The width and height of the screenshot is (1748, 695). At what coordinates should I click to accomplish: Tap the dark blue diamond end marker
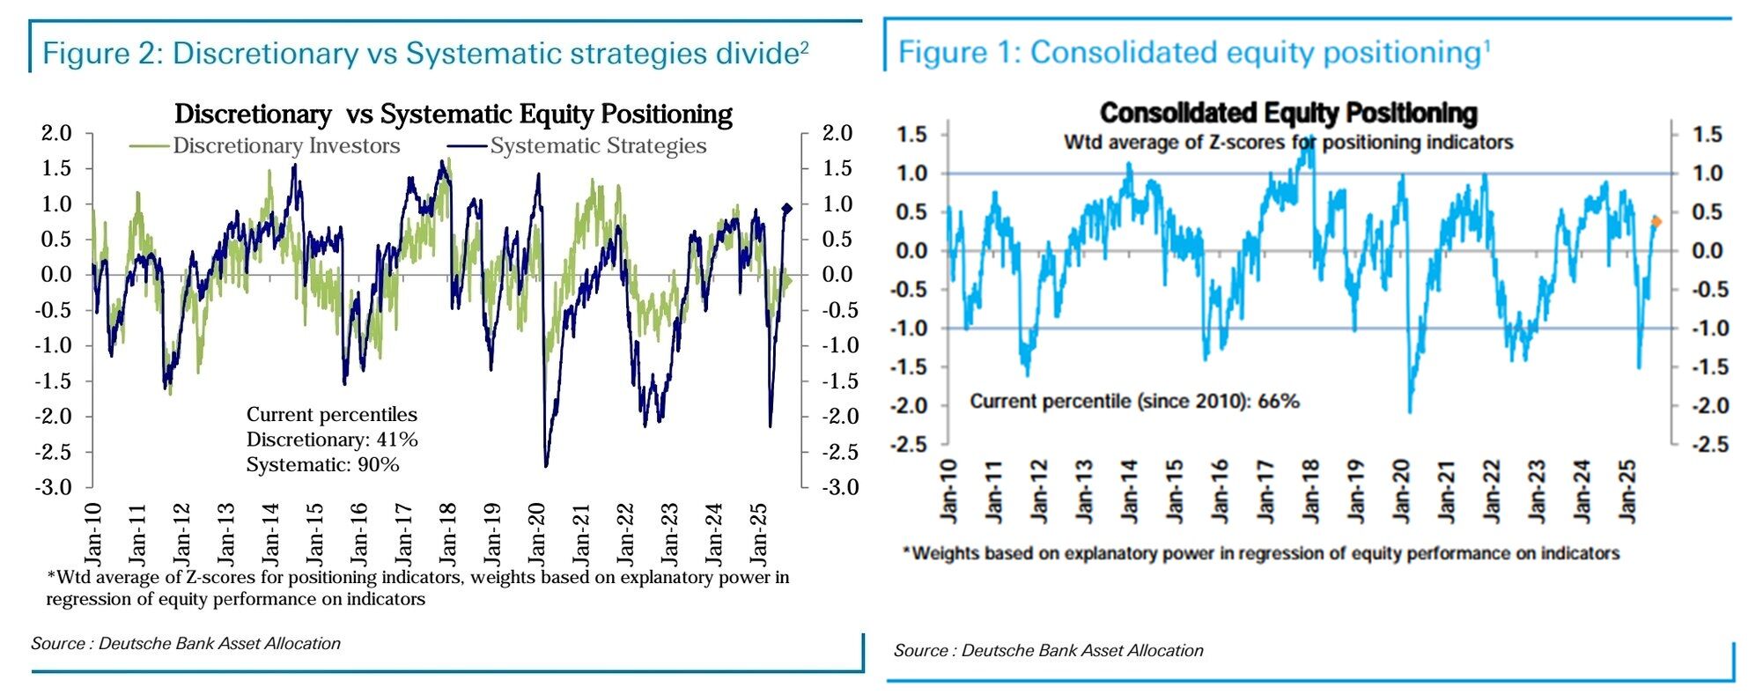(x=786, y=209)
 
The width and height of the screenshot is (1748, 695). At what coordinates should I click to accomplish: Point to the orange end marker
(x=1656, y=222)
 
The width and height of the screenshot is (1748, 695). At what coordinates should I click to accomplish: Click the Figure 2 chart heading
(x=425, y=54)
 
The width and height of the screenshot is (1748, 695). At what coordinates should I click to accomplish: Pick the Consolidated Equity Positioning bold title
(x=1288, y=113)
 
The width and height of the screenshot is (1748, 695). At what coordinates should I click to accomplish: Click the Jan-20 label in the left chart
(x=536, y=534)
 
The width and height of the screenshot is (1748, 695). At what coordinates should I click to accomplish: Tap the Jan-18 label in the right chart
(x=1310, y=492)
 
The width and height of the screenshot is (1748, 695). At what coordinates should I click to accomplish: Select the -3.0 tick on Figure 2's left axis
(x=55, y=487)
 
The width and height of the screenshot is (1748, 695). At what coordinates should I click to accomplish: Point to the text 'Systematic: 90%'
(x=322, y=464)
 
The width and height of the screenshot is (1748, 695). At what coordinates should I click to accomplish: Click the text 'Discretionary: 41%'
(x=332, y=440)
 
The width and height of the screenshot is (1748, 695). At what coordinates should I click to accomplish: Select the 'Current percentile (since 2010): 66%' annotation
(x=1134, y=402)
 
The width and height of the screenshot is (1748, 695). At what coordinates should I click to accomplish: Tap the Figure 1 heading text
(x=1193, y=53)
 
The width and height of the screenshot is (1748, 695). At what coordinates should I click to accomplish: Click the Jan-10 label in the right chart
(x=948, y=492)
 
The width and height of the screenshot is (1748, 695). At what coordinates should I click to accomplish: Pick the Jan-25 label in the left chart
(x=758, y=534)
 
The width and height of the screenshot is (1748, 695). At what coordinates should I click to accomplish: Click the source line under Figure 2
(x=186, y=644)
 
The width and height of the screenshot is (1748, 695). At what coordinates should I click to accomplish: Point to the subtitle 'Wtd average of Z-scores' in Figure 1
(x=1288, y=142)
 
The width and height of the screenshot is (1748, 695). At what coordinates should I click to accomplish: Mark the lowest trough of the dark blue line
(x=546, y=466)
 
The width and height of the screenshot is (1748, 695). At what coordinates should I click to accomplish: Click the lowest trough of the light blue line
(x=1410, y=411)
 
